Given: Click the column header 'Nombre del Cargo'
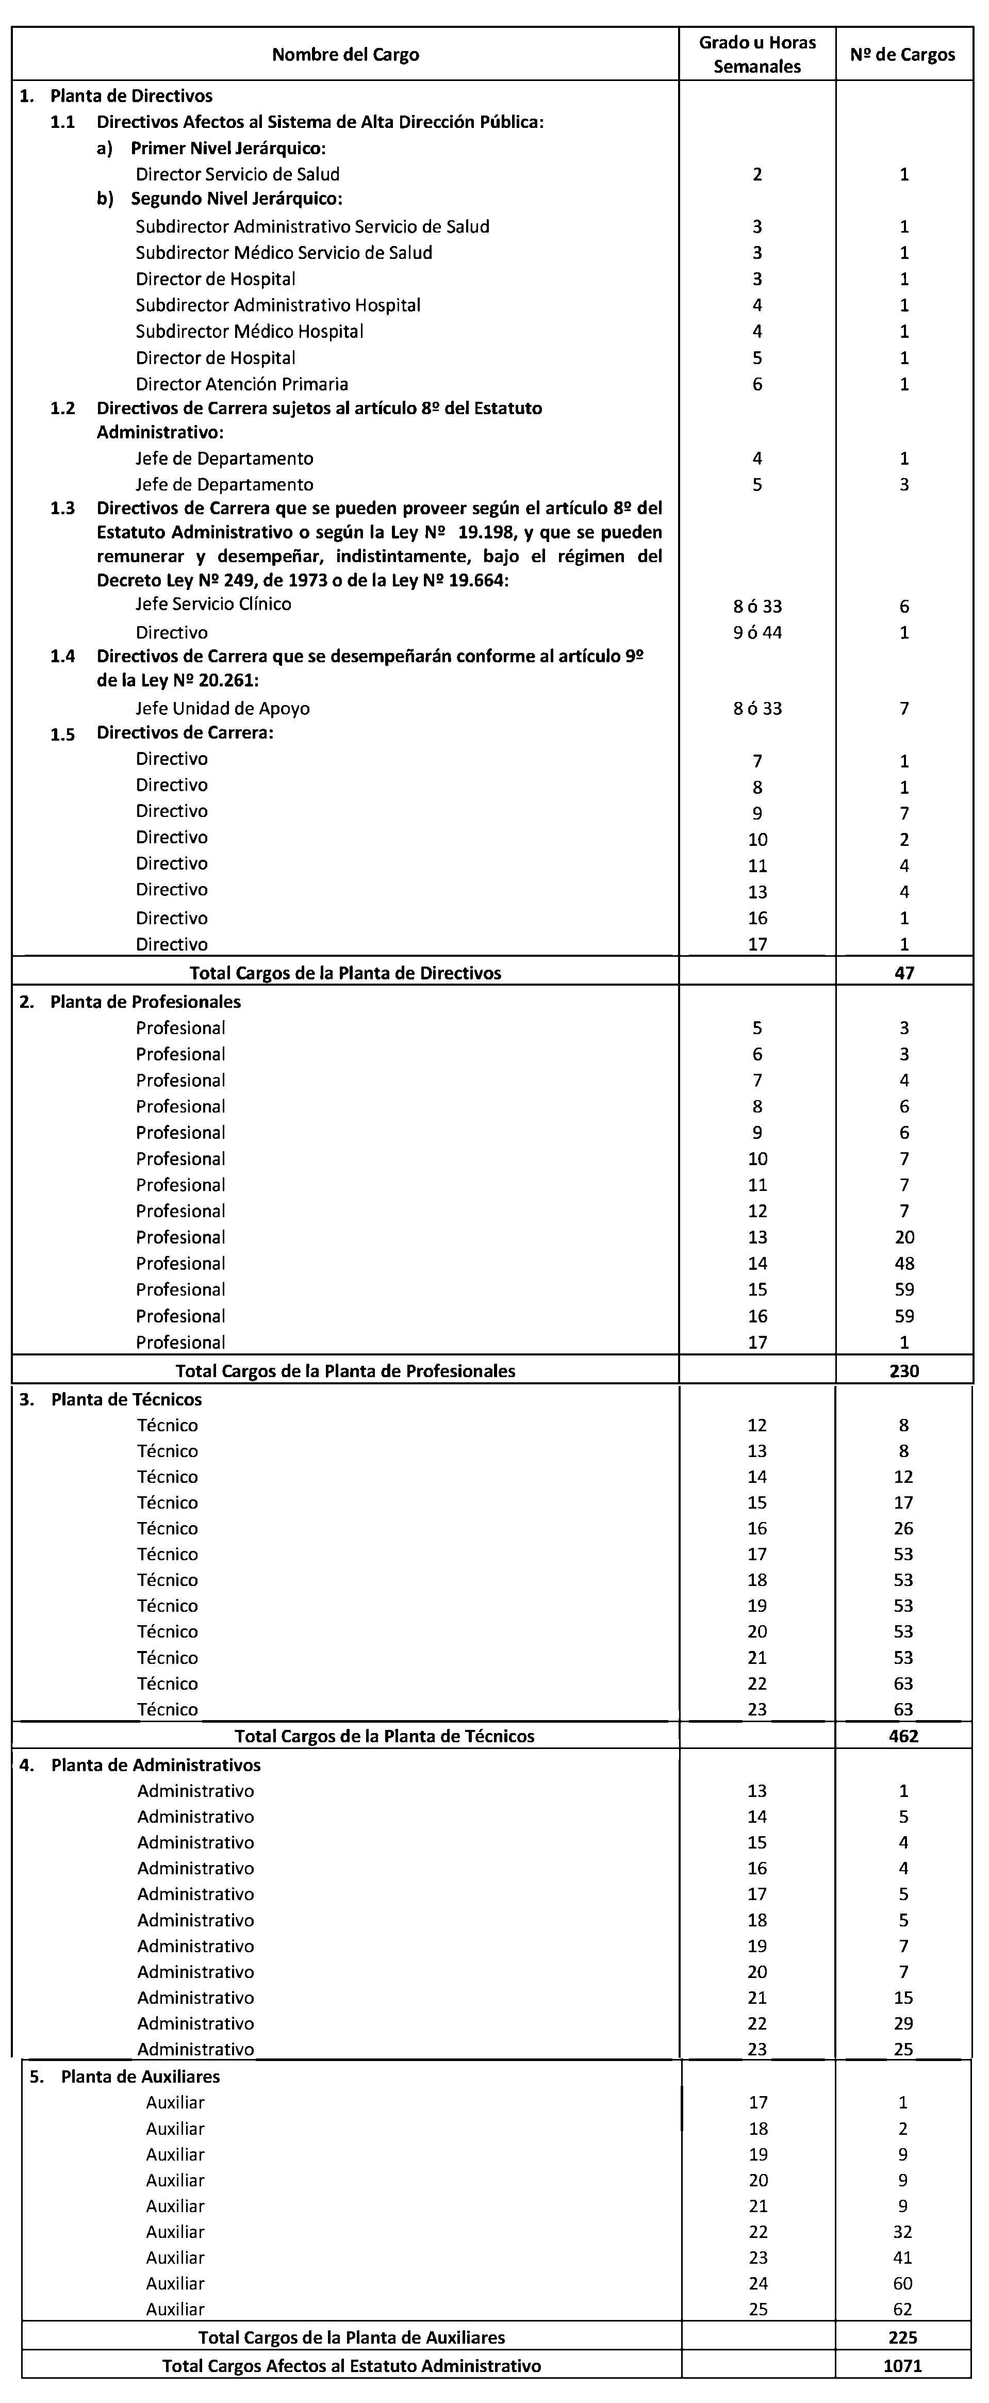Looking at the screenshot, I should (x=345, y=54).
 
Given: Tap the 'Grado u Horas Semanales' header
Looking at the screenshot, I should (x=756, y=54).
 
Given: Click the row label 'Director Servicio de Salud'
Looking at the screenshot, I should (x=237, y=173).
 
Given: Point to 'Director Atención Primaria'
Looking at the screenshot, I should (x=242, y=383).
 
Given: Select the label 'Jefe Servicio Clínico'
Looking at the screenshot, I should (x=213, y=603).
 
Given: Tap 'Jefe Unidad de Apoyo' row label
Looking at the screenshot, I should (x=222, y=708).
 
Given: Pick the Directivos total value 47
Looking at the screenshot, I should (x=903, y=972).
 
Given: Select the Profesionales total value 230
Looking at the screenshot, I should (x=903, y=1370).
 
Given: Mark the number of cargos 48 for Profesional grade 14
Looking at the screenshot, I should (x=903, y=1263).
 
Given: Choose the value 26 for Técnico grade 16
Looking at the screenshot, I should (x=903, y=1528).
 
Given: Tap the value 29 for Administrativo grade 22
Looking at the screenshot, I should (x=903, y=2023).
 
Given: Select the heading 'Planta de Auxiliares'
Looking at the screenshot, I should (x=140, y=2077).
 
